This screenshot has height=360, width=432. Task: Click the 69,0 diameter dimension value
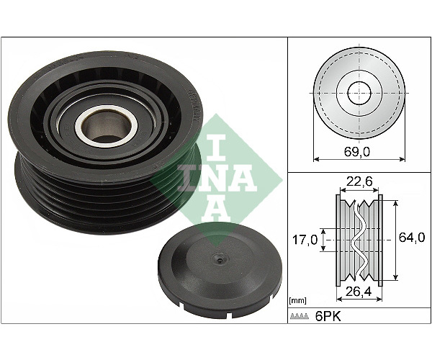(x=357, y=151)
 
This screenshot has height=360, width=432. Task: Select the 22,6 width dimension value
(x=359, y=181)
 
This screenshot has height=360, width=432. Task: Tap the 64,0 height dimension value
(x=412, y=237)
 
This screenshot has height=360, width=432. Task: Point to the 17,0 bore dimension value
(x=305, y=240)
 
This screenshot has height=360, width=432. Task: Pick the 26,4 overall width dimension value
(x=359, y=292)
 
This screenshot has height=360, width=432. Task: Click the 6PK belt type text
(x=328, y=317)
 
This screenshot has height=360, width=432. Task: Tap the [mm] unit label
(x=298, y=301)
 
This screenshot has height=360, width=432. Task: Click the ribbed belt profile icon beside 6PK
(x=299, y=317)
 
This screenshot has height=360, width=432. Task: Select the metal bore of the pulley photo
(x=107, y=125)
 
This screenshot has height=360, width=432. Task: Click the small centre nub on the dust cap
(x=219, y=259)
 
